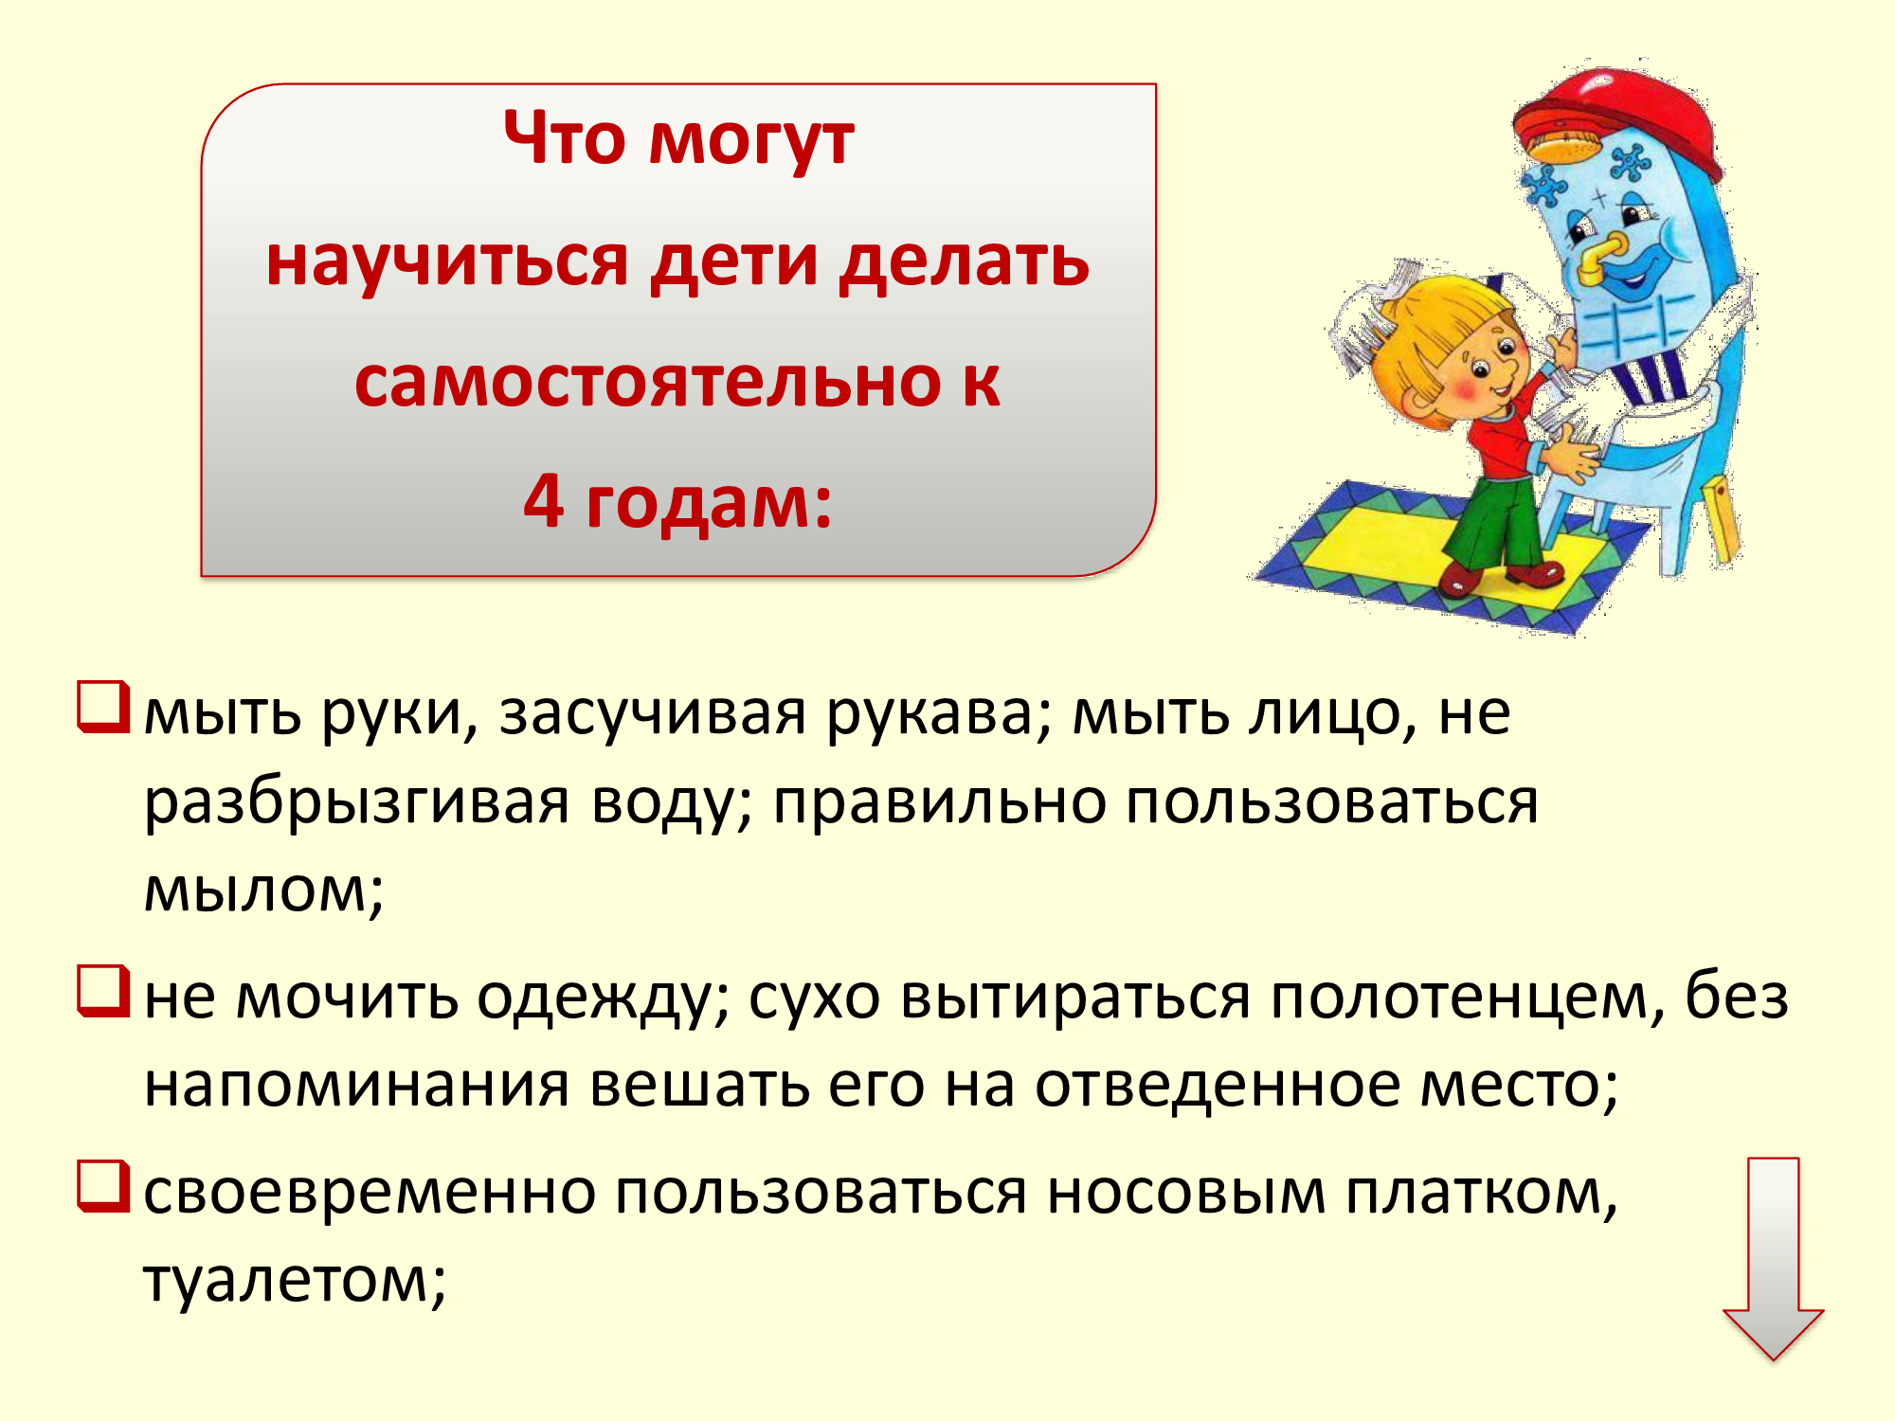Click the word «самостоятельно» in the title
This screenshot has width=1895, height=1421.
[649, 383]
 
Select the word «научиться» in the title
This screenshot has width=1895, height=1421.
[447, 262]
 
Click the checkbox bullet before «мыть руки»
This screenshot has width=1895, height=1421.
[102, 708]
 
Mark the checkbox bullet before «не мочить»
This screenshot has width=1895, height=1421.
[102, 991]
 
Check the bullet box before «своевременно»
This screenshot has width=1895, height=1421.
[102, 1186]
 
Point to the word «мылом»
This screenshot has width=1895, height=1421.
[263, 890]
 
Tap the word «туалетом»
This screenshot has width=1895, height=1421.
[295, 1281]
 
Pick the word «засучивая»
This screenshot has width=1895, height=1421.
[653, 714]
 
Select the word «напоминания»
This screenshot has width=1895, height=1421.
[357, 1086]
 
